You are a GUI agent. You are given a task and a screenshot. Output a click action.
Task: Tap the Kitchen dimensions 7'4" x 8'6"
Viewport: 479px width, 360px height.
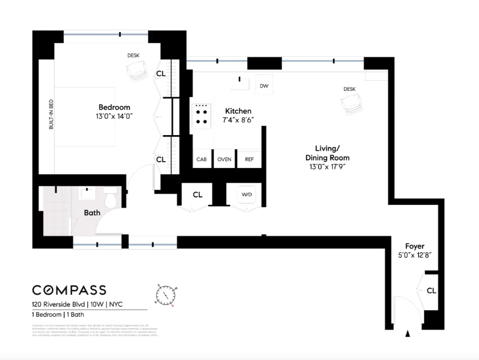(x=238, y=120)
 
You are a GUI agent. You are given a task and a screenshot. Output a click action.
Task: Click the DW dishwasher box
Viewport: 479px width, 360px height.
(x=263, y=85)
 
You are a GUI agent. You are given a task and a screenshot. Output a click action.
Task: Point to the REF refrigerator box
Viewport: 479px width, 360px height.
(x=249, y=159)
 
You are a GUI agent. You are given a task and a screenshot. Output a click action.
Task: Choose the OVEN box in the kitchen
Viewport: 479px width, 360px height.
(x=224, y=159)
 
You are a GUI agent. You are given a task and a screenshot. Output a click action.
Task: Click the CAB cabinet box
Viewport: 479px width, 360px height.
(x=201, y=159)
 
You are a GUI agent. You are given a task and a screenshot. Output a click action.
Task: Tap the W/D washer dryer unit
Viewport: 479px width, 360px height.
(x=247, y=195)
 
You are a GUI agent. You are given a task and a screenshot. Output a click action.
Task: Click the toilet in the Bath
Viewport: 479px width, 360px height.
(x=111, y=199)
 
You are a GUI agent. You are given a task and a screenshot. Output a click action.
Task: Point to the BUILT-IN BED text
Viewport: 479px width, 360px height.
(x=51, y=116)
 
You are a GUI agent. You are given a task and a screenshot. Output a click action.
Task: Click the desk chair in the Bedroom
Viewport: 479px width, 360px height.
(x=137, y=71)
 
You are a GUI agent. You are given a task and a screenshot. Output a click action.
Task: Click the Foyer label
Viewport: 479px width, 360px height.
(x=414, y=246)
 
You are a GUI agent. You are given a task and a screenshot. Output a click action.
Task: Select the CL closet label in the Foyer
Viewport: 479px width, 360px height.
(x=432, y=290)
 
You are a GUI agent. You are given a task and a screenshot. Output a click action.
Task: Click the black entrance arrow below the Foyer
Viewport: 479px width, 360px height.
(x=408, y=334)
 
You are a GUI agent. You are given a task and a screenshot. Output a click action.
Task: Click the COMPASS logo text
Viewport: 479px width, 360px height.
(x=69, y=290)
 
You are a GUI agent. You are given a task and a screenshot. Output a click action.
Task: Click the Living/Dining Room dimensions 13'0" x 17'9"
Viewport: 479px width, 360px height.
(x=327, y=167)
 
